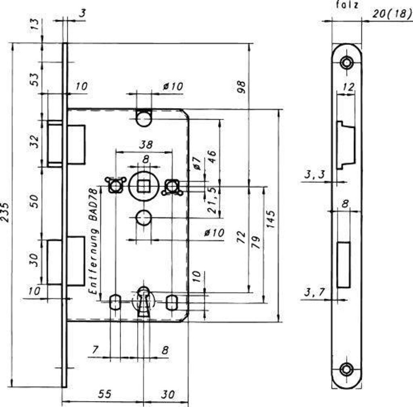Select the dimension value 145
click(271, 219)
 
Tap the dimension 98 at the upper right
click(241, 87)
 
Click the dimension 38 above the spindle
click(145, 144)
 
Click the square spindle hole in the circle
click(142, 186)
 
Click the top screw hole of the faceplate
click(346, 62)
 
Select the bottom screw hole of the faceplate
click(346, 368)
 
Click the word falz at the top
click(346, 5)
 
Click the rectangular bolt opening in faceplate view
click(343, 264)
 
